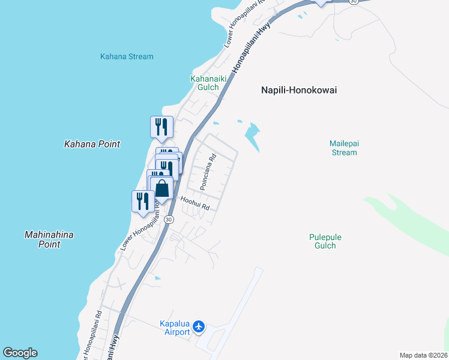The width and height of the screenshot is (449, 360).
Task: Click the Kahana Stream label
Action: pyautogui.click(x=126, y=56)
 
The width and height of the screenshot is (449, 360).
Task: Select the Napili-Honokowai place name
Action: pyautogui.click(x=299, y=90)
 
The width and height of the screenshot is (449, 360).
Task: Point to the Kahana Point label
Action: pyautogui.click(x=92, y=144)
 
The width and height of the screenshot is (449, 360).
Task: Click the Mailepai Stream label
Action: pyautogui.click(x=343, y=148)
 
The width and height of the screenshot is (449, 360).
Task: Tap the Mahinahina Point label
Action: pyautogui.click(x=50, y=239)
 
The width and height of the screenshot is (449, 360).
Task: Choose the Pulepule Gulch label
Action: pyautogui.click(x=326, y=241)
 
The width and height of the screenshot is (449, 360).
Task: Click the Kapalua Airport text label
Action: pyautogui.click(x=175, y=328)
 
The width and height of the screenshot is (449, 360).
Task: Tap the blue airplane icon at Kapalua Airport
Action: pyautogui.click(x=200, y=328)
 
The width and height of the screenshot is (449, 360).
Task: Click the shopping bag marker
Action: pyautogui.click(x=162, y=188)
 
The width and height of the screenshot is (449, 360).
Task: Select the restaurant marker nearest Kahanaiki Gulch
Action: pyautogui.click(x=161, y=127)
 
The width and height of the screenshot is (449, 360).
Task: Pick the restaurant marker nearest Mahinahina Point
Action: pyautogui.click(x=143, y=200)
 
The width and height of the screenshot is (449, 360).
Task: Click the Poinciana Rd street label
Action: pyautogui.click(x=208, y=173)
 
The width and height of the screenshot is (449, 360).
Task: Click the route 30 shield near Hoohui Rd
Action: pyautogui.click(x=169, y=219)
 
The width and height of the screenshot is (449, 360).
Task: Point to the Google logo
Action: pyautogui.click(x=20, y=353)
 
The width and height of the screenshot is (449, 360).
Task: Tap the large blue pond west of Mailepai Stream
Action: pyautogui.click(x=253, y=136)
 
